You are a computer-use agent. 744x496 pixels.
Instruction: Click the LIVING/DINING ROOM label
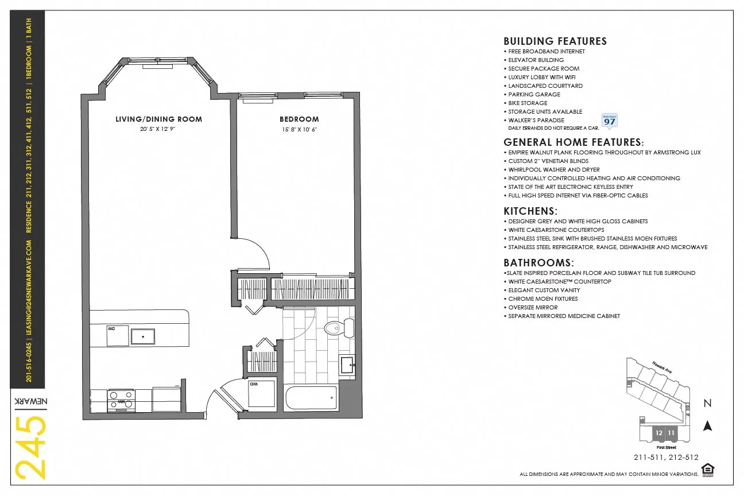pos(159,119)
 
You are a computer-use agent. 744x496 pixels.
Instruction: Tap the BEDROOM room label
pos(299,119)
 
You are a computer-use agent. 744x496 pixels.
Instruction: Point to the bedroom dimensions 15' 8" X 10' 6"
pos(299,130)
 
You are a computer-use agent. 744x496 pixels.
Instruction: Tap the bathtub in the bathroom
pos(311,398)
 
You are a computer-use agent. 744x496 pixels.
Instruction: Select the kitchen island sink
pos(142,336)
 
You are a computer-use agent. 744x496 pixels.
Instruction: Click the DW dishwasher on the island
pos(117,336)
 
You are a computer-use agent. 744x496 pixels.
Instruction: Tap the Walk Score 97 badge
pos(609,121)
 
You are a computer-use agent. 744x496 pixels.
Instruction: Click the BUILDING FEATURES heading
pos(555,41)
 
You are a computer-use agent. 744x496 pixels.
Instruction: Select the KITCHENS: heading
pos(530,211)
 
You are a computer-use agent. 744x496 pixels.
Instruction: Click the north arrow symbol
pos(708,425)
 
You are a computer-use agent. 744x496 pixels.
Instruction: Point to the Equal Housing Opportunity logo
pos(708,470)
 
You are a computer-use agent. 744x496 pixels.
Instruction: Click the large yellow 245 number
pos(29,447)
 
